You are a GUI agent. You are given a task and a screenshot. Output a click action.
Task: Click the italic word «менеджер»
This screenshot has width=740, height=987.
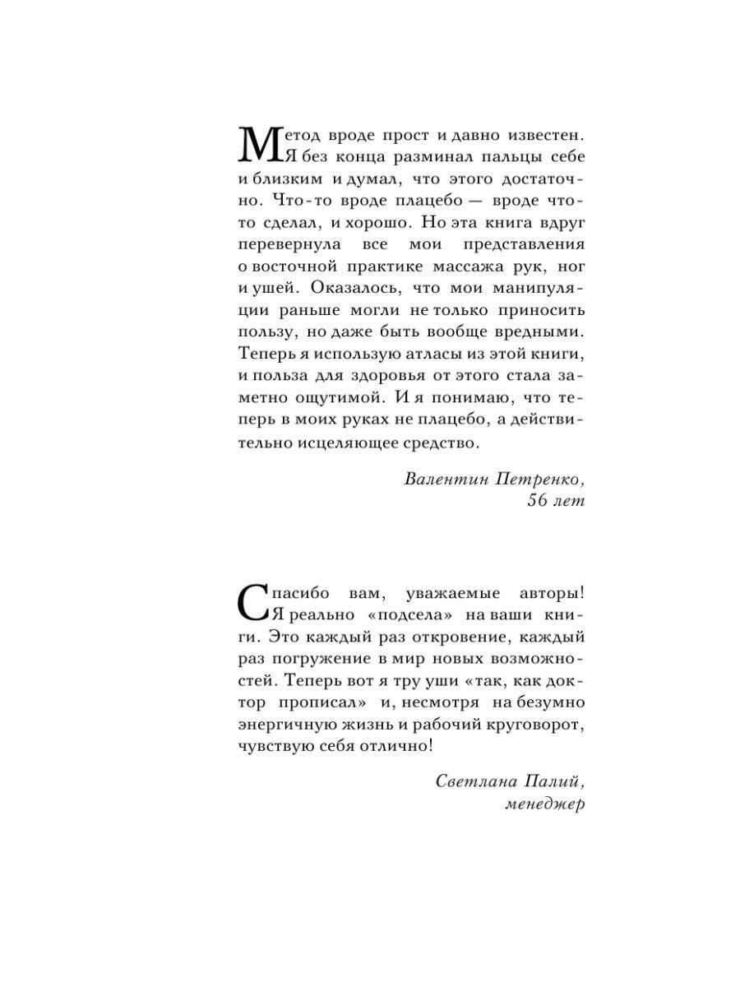pos(543,804)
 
